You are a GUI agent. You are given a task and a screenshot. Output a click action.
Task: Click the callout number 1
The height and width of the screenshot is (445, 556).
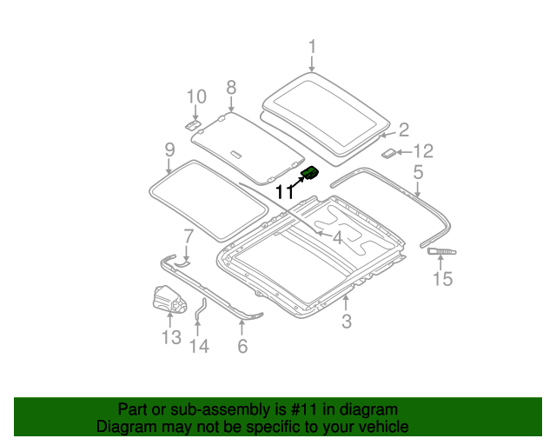312,47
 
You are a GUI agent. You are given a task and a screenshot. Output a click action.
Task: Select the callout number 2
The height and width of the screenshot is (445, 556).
403,130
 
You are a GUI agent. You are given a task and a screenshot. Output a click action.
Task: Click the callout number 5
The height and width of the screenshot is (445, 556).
418,172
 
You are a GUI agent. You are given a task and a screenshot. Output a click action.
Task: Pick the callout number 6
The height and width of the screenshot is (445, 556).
242,346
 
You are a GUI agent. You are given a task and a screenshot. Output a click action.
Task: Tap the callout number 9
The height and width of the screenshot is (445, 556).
170,151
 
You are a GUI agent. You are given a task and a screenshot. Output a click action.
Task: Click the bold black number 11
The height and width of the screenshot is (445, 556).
284,192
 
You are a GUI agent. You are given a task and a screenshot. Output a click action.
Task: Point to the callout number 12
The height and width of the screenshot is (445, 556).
422,150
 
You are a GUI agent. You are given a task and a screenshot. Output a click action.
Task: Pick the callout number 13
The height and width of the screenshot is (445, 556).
170,337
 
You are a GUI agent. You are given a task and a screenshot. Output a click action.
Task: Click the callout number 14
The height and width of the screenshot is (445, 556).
199,346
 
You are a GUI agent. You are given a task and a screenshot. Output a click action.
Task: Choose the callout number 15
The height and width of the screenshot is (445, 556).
443,278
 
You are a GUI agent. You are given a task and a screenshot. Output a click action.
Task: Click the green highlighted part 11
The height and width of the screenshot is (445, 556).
309,174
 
